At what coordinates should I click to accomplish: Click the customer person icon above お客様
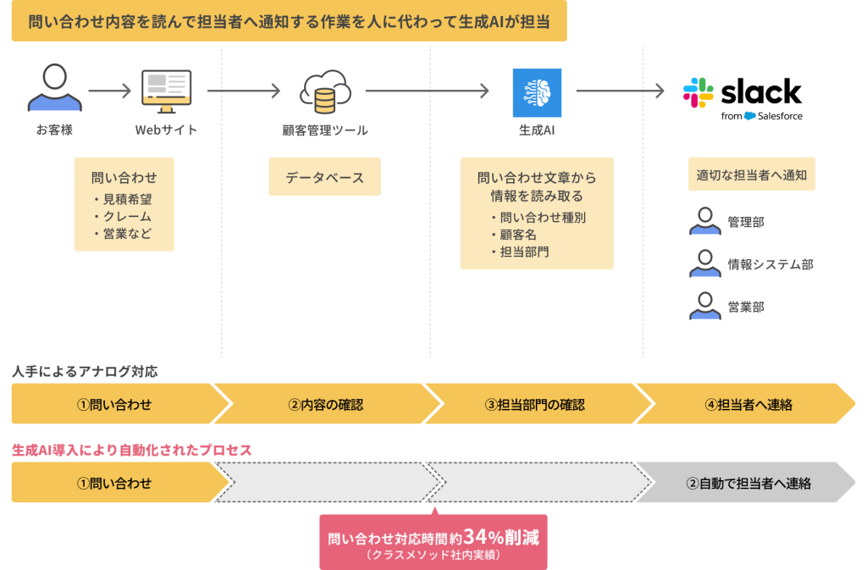point(55,90)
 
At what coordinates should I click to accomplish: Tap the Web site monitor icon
point(166,91)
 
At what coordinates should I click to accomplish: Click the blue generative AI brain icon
point(537,92)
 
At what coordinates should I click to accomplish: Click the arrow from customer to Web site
point(110,91)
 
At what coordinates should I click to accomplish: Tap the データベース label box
point(324,178)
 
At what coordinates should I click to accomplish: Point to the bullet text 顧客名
point(518,235)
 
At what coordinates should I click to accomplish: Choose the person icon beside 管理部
point(704,222)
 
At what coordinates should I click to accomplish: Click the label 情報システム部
point(770,265)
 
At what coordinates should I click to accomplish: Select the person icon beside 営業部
point(704,306)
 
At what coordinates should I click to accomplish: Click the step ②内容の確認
point(326,404)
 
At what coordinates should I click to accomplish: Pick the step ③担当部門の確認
point(535,404)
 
